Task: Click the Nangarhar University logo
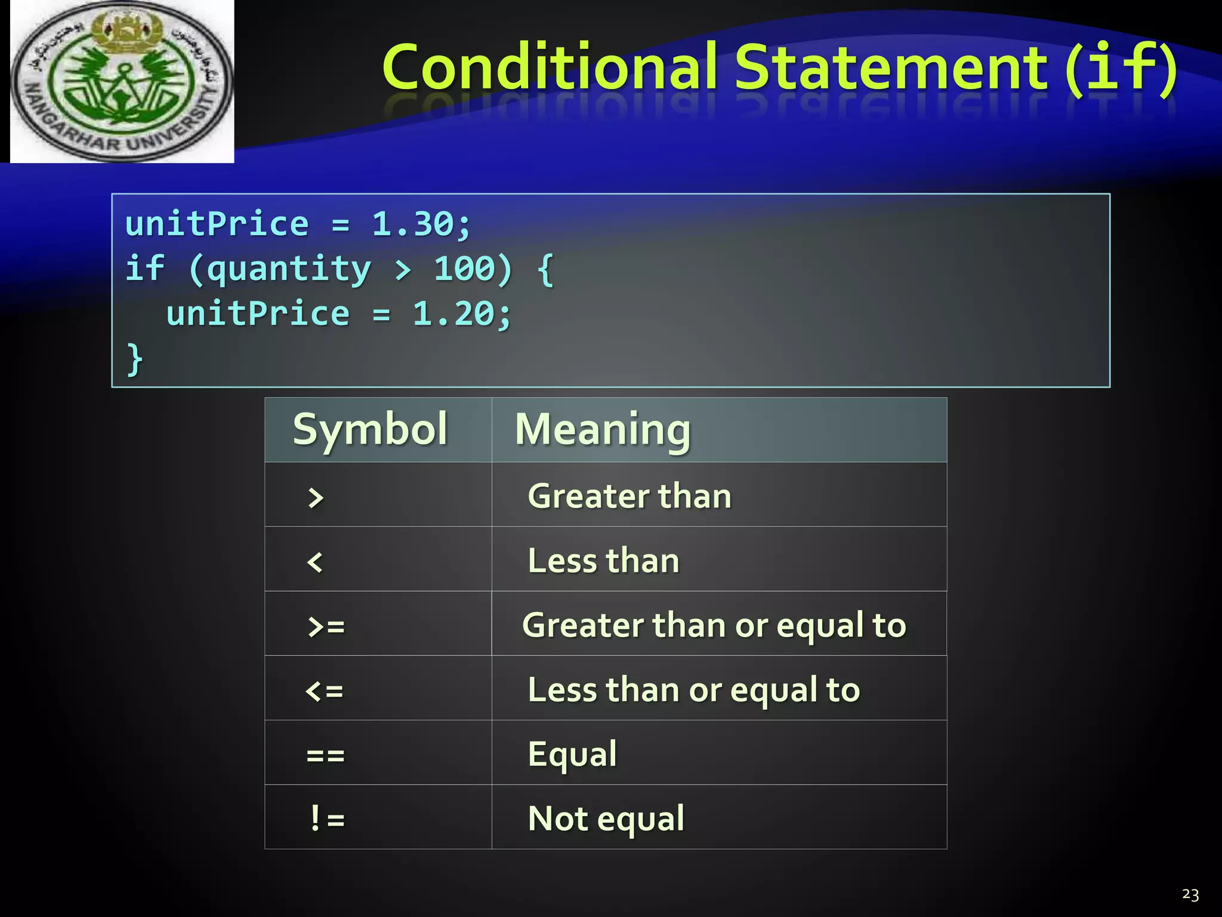[x=122, y=82]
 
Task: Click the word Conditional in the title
[x=549, y=67]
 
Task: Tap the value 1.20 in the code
[x=454, y=314]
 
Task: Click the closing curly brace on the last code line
[x=135, y=359]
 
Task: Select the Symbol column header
[x=370, y=429]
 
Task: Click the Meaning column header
[x=603, y=429]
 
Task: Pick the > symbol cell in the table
[x=316, y=497]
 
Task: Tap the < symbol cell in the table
[x=314, y=562]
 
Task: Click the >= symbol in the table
[x=326, y=626]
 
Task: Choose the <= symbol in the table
[x=324, y=691]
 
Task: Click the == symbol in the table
[x=325, y=755]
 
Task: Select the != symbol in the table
[x=327, y=818]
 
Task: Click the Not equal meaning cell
[x=606, y=818]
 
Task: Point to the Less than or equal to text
[x=693, y=690]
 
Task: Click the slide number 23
[x=1190, y=894]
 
